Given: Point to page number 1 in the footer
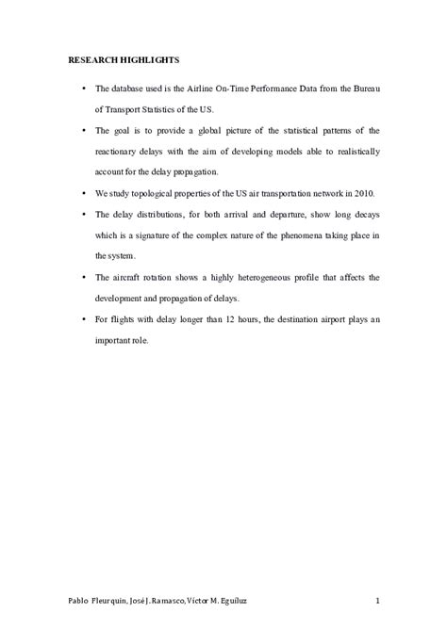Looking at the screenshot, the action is coord(377,599).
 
